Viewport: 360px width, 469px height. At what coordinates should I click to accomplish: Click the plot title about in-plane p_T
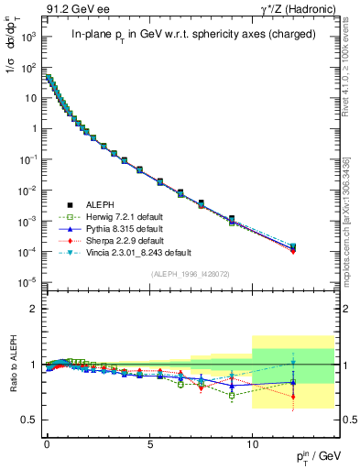pos(188,35)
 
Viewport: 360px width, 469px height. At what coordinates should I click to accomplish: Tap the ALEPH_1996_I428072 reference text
pos(188,272)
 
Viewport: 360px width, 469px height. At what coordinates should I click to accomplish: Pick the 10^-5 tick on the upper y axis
pos(29,281)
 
